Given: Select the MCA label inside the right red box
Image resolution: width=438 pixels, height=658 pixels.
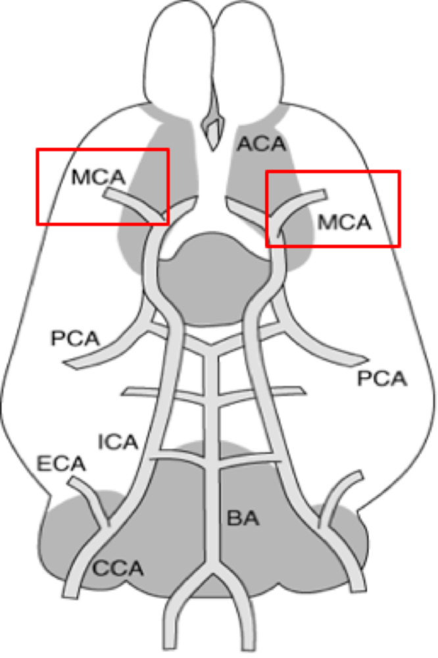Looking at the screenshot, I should (345, 222).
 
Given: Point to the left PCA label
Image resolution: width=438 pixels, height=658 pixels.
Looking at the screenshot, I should (74, 339).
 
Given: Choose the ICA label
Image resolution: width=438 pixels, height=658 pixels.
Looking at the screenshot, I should (118, 442).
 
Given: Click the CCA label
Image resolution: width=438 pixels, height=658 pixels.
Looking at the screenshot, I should (118, 567).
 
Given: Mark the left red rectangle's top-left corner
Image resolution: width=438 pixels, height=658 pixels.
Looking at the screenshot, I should (37, 149).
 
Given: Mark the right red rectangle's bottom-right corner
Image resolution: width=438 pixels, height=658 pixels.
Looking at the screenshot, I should (399, 246).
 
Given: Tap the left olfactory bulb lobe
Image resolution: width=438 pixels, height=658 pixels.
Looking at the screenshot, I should (179, 59).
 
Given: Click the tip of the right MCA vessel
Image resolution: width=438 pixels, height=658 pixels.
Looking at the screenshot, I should (324, 193).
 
